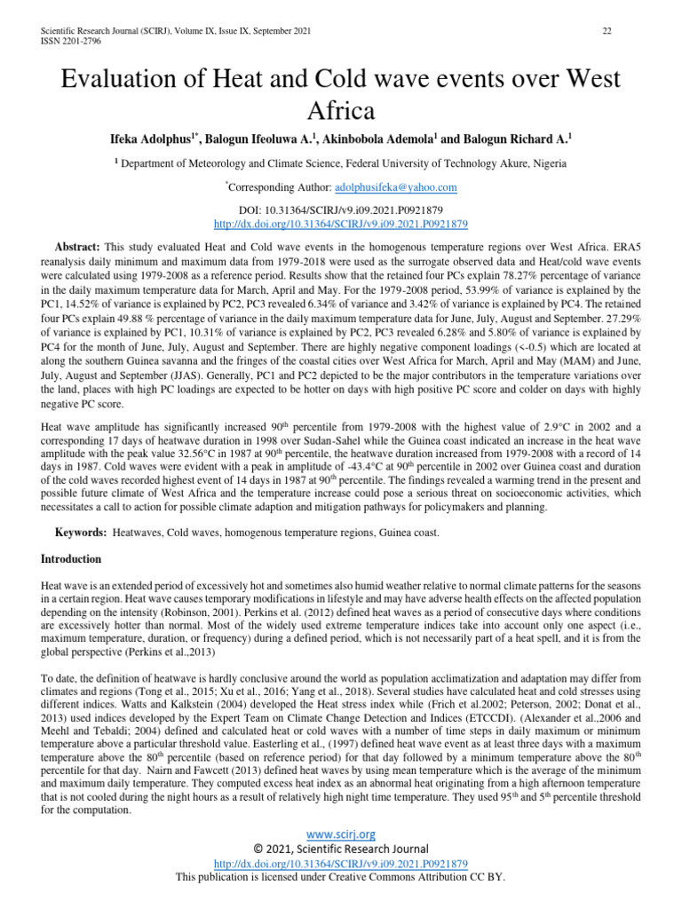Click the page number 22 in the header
607,32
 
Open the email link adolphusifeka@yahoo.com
395,187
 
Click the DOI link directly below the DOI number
341,225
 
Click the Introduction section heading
72,559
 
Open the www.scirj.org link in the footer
341,834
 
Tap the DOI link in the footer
341,863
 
